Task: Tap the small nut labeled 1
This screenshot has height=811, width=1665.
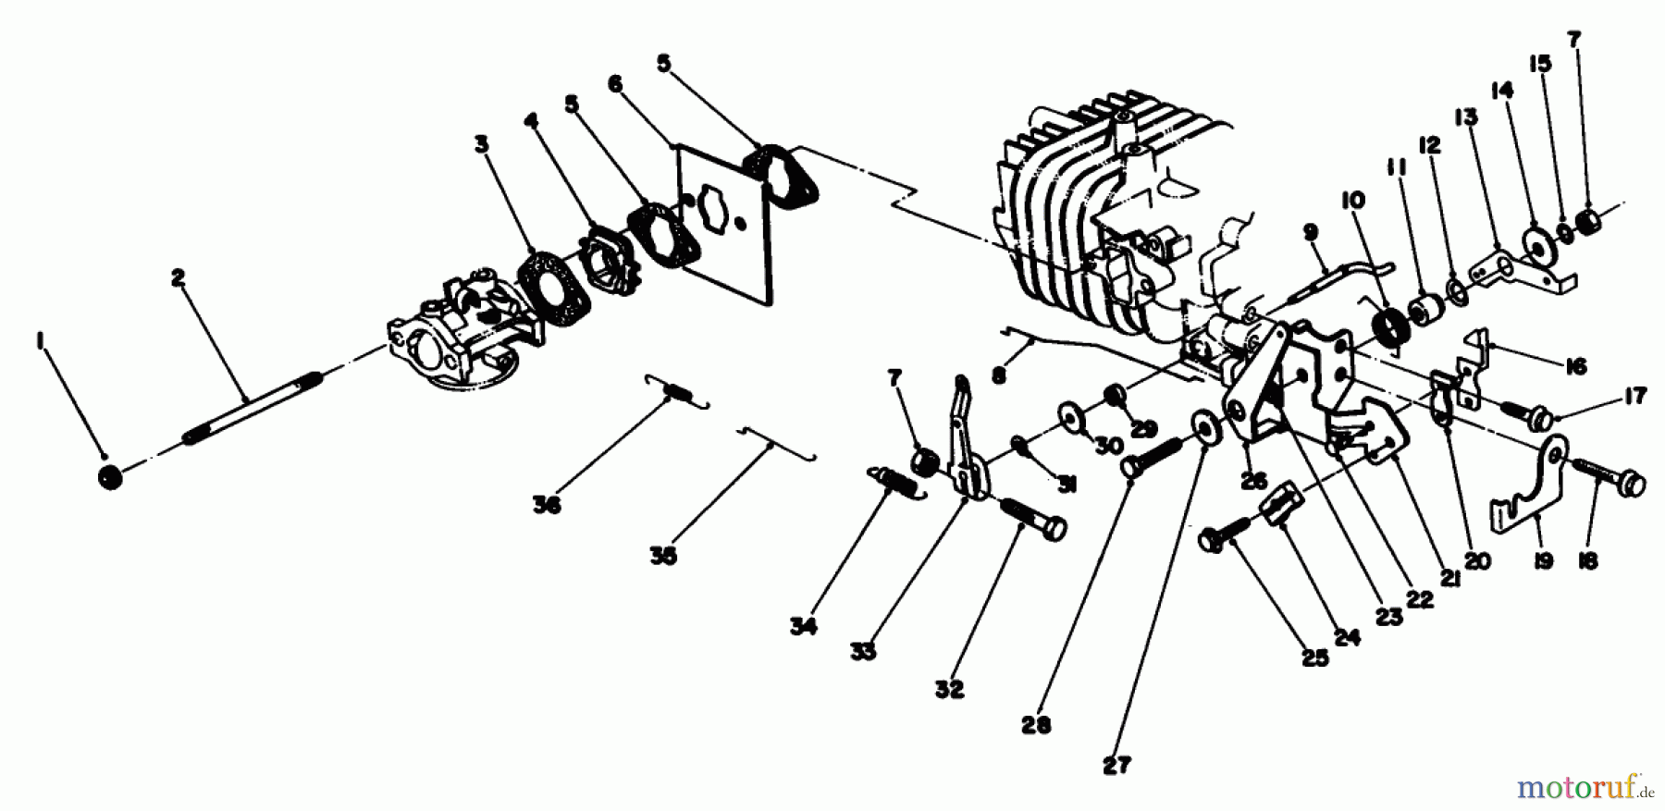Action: pyautogui.click(x=110, y=478)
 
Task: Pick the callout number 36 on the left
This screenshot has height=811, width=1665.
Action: pyautogui.click(x=547, y=505)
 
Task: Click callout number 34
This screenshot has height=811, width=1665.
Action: pyautogui.click(x=804, y=626)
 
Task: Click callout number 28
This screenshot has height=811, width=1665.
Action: pyautogui.click(x=1037, y=724)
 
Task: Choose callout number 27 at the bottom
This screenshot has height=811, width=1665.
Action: pyautogui.click(x=1116, y=765)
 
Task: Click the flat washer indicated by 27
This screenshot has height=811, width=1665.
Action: pyautogui.click(x=1205, y=424)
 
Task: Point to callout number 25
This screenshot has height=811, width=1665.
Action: pyautogui.click(x=1314, y=657)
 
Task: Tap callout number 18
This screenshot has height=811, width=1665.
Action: pyautogui.click(x=1588, y=560)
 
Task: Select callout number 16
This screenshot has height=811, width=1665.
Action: pyautogui.click(x=1576, y=367)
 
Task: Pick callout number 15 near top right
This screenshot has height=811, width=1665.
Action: pyautogui.click(x=1539, y=64)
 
